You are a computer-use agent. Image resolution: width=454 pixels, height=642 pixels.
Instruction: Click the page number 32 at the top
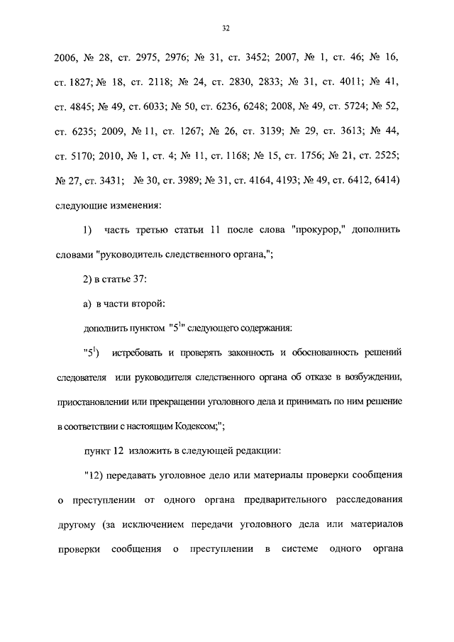click(226, 28)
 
